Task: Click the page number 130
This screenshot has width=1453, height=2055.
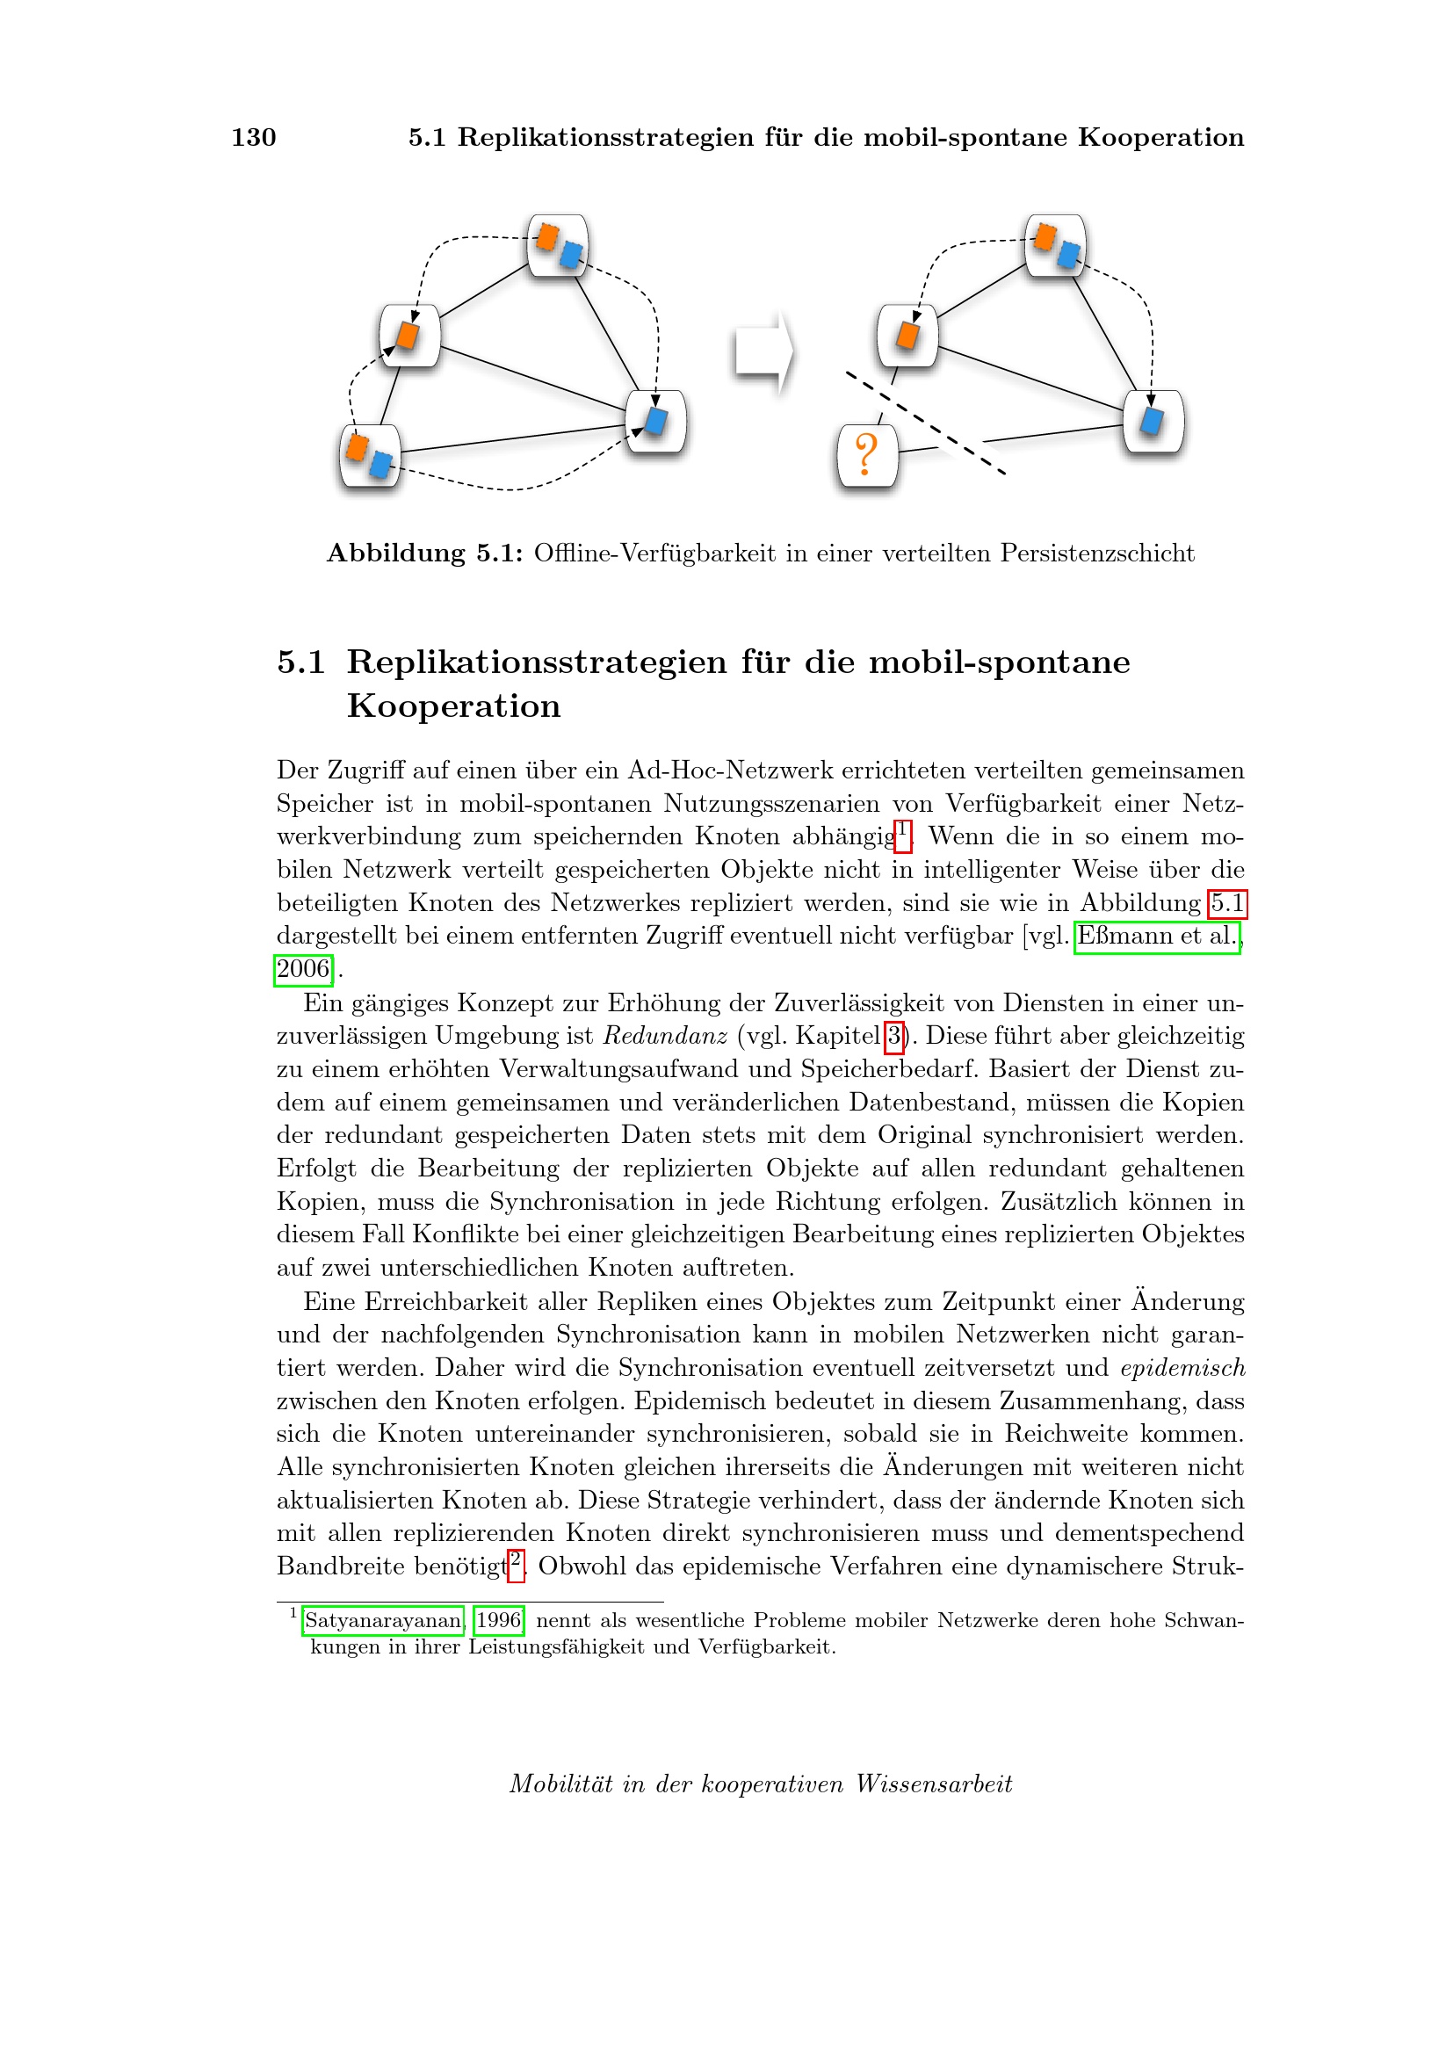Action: tap(253, 137)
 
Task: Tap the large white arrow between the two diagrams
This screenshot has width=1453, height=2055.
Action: tap(763, 352)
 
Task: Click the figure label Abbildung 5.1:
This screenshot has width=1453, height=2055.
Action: tap(424, 554)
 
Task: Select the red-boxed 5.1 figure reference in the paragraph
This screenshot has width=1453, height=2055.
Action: tap(1226, 903)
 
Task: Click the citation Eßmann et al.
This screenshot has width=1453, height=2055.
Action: tap(1156, 937)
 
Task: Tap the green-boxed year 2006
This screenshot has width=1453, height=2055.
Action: tap(303, 969)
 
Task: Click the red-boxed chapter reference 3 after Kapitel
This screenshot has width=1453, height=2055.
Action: tap(893, 1037)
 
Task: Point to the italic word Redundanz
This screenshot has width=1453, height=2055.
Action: tap(665, 1037)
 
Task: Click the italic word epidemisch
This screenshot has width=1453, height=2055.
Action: tap(1182, 1368)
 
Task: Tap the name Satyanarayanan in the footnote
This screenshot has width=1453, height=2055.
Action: tap(383, 1620)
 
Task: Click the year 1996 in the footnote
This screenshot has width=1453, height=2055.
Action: tap(498, 1620)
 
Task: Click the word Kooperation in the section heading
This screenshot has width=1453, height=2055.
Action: tap(453, 706)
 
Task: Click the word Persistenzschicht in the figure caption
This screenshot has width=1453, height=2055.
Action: tap(1097, 554)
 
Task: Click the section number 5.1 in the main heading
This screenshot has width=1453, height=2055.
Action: tap(300, 662)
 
